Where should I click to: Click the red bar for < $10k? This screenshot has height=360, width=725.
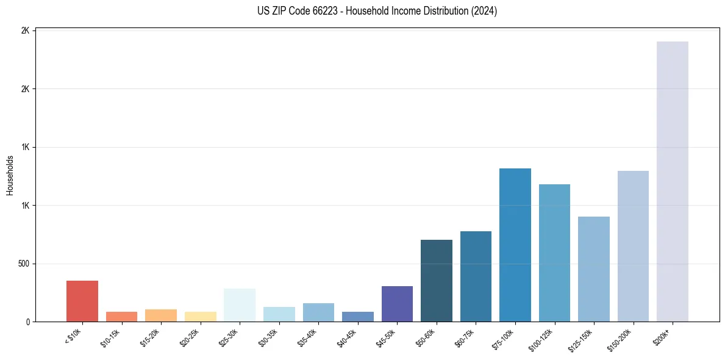click(82, 301)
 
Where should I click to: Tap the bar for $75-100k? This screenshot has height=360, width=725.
click(515, 245)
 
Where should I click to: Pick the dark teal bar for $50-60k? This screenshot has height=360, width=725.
click(437, 281)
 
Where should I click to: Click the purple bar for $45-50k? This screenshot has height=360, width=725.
click(397, 304)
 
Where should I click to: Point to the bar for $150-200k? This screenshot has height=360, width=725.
click(633, 247)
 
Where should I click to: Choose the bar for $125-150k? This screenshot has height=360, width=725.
click(594, 269)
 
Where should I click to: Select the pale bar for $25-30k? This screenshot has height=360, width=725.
click(240, 305)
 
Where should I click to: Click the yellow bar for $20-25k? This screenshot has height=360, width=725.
click(201, 317)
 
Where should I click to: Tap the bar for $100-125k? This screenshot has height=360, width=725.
click(554, 253)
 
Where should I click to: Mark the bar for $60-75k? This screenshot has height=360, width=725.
click(476, 276)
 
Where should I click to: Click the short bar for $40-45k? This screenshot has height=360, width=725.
click(358, 317)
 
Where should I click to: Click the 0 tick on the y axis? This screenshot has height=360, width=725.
click(28, 322)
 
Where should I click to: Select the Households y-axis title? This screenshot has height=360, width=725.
click(10, 176)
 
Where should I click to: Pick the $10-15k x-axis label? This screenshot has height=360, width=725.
click(110, 339)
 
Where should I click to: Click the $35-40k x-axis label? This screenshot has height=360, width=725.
click(307, 339)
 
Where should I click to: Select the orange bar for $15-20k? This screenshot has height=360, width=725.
click(161, 315)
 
